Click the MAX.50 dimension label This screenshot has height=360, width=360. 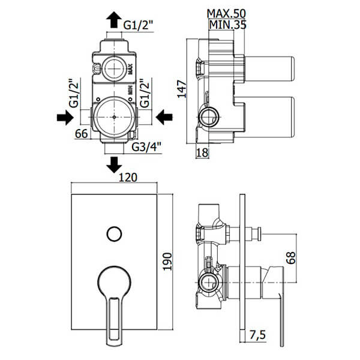(226, 14)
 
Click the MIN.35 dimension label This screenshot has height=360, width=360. (227, 25)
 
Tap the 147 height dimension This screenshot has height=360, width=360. (182, 89)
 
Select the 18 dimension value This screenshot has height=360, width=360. (203, 152)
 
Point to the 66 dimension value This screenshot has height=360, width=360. (82, 134)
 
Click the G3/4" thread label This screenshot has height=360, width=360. (146, 147)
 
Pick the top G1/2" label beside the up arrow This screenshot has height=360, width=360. (138, 25)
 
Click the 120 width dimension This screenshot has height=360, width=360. (128, 178)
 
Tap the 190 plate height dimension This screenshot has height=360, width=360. (167, 262)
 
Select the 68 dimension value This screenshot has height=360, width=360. (291, 258)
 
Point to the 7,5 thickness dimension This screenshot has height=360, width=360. (257, 335)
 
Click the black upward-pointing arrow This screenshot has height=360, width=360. (114, 20)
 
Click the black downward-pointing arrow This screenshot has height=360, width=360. (114, 165)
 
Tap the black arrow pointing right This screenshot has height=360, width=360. (65, 118)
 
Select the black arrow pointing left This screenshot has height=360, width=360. (164, 117)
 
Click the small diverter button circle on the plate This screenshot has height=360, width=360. (114, 234)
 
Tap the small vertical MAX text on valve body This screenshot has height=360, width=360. (130, 69)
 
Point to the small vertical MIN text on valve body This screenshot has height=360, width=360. (130, 90)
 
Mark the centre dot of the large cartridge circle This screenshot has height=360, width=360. (114, 117)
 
